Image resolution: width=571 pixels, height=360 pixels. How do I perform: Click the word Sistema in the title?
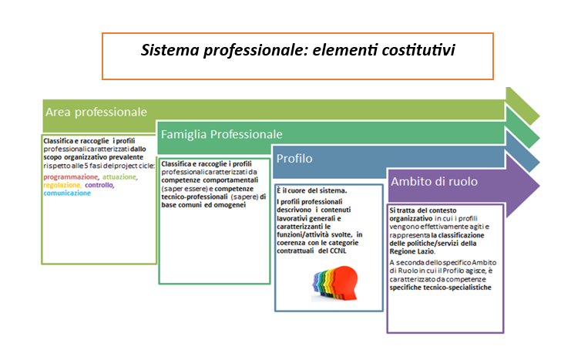tap(170, 50)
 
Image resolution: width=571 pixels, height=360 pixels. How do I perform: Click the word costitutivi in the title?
tap(418, 50)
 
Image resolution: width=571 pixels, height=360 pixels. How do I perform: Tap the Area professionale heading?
tap(96, 112)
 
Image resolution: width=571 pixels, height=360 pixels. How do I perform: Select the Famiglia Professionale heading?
tap(221, 134)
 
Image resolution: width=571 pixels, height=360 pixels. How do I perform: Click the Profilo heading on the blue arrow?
tap(294, 159)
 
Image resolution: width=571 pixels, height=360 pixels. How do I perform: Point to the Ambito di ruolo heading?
tap(434, 181)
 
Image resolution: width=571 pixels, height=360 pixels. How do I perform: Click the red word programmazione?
tap(71, 177)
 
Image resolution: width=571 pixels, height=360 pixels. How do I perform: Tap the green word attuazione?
tap(119, 177)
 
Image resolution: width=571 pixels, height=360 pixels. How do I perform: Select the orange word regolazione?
tap(62, 185)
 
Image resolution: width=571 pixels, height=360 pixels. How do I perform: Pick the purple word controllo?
tap(99, 185)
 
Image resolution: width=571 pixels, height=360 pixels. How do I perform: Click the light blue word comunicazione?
tap(67, 193)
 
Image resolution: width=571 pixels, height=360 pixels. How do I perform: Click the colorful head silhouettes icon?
tap(334, 283)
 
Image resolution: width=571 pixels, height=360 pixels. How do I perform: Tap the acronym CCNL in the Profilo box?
tap(338, 251)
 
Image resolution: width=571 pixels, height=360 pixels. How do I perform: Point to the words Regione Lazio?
tap(411, 251)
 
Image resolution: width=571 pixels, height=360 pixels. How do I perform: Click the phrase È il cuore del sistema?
tap(312, 190)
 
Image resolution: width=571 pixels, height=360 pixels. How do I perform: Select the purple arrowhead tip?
tap(539, 186)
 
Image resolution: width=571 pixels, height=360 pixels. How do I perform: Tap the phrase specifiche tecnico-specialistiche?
tap(440, 288)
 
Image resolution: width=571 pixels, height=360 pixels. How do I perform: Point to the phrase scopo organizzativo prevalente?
tap(93, 157)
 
